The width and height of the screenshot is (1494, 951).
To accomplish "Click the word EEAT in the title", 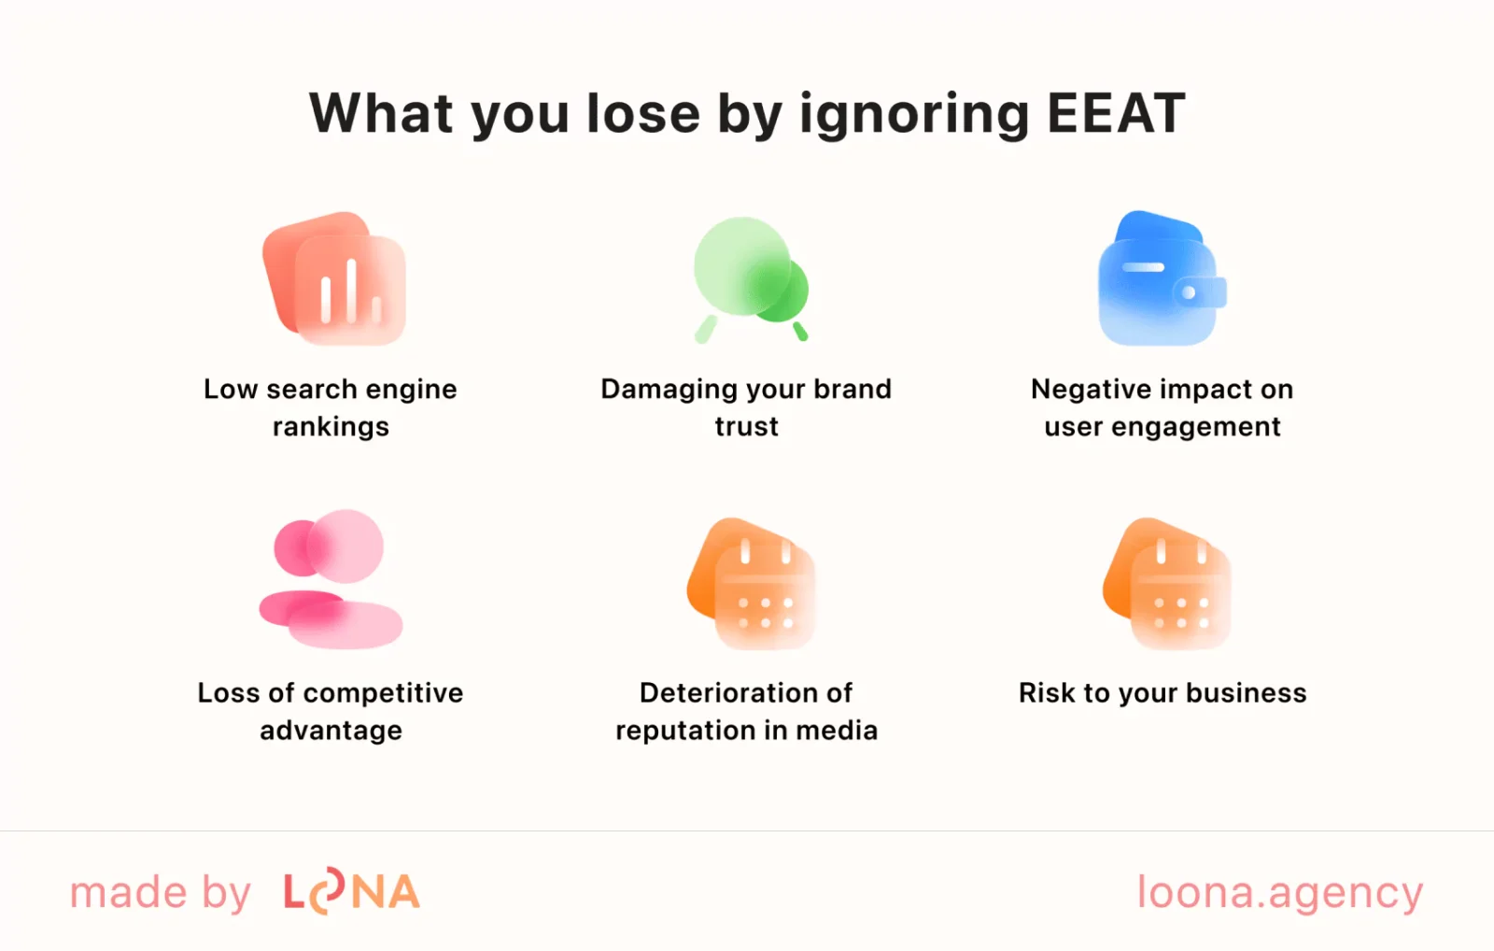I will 1116,114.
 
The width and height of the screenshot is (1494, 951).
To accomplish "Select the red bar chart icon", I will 334,279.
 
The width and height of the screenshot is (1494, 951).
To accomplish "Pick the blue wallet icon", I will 1161,279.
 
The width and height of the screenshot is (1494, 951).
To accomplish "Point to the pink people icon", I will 331,579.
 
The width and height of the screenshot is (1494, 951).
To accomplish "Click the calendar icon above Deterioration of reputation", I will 752,583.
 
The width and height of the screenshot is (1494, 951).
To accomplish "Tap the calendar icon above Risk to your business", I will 1167,583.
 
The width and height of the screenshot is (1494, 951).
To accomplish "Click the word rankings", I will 331,427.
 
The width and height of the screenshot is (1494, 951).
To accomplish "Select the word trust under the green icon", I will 746,427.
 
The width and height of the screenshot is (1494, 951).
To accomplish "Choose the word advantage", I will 331,731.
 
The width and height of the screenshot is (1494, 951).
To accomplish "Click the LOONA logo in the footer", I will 351,892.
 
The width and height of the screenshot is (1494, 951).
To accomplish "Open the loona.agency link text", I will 1279,893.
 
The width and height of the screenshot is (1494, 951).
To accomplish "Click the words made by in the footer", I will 161,893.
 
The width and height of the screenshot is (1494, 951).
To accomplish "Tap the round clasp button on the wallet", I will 1189,292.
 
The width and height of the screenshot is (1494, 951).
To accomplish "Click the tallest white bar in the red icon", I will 351,291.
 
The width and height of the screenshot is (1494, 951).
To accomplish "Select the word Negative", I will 1080,390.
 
